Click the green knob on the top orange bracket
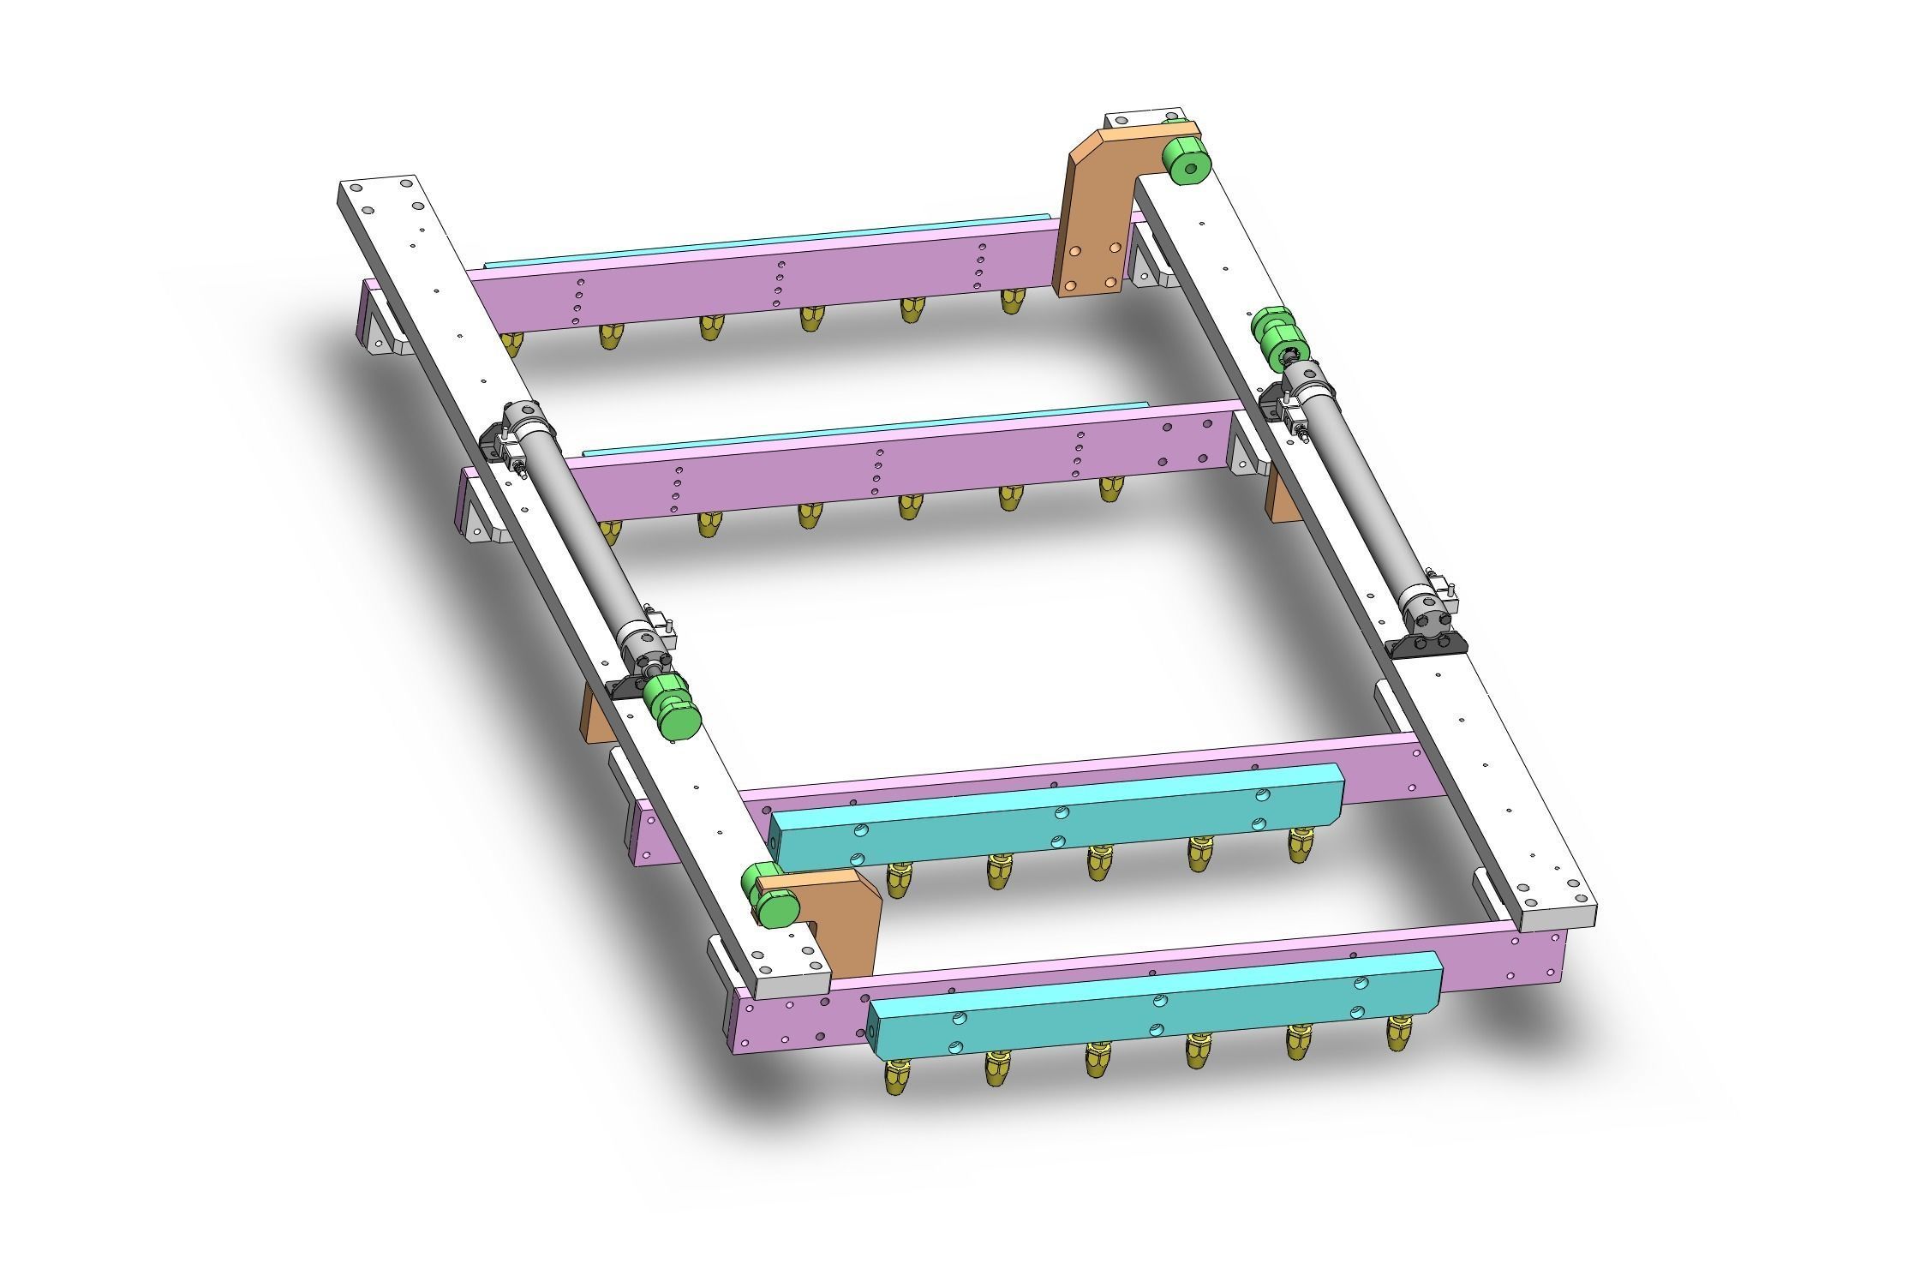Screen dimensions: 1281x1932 (1186, 161)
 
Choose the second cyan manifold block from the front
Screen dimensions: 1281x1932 (1054, 814)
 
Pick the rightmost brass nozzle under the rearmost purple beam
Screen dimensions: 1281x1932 (1013, 301)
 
